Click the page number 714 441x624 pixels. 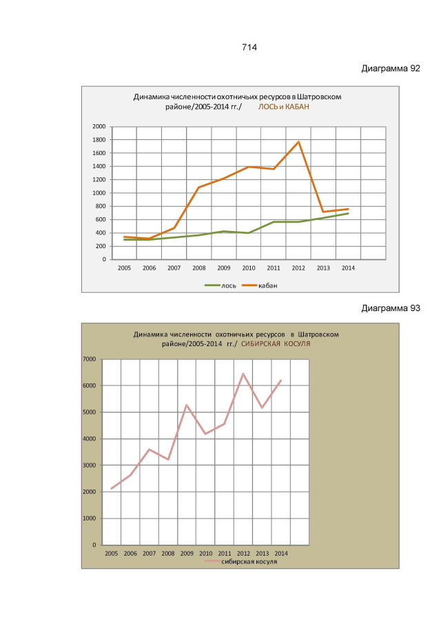[x=249, y=48]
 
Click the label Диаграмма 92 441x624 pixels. [x=391, y=69]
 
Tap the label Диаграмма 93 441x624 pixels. [x=391, y=308]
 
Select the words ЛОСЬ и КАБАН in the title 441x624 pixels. [x=284, y=108]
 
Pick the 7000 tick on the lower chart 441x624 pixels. [x=90, y=359]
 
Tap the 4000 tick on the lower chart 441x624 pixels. [x=90, y=439]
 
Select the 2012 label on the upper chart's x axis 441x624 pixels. [x=298, y=268]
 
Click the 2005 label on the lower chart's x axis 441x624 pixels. [x=112, y=553]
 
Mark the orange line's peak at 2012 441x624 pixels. [x=298, y=142]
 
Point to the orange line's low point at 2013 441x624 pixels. [x=323, y=212]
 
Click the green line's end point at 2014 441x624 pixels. [x=348, y=213]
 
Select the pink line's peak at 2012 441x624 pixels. [x=243, y=374]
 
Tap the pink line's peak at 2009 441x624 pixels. [x=187, y=405]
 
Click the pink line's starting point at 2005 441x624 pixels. [x=112, y=489]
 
